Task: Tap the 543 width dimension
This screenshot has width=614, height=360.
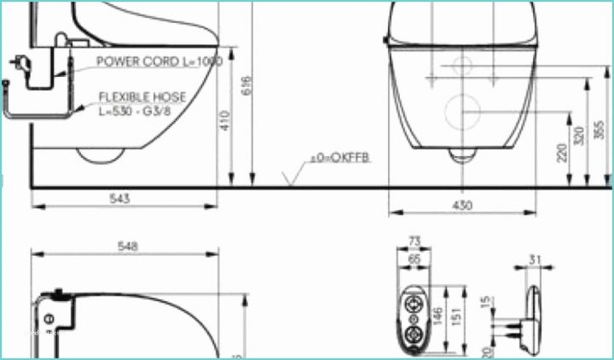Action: pyautogui.click(x=120, y=199)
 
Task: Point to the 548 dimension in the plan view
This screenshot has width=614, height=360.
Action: pyautogui.click(x=127, y=246)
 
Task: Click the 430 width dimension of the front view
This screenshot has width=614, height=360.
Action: pyautogui.click(x=461, y=206)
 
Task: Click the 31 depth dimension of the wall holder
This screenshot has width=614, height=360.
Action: pyautogui.click(x=535, y=260)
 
